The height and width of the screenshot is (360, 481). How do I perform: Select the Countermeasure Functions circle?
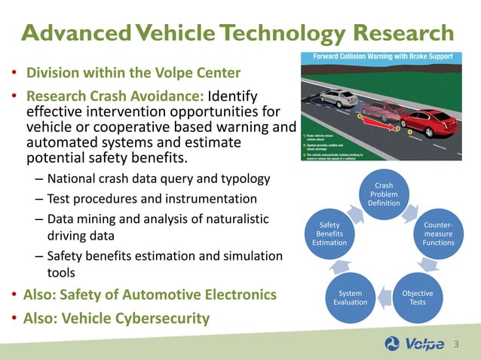439,233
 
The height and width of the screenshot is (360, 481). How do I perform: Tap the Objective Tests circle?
417,296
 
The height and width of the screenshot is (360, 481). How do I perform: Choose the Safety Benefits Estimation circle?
329,233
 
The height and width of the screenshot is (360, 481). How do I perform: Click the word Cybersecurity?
163,318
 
